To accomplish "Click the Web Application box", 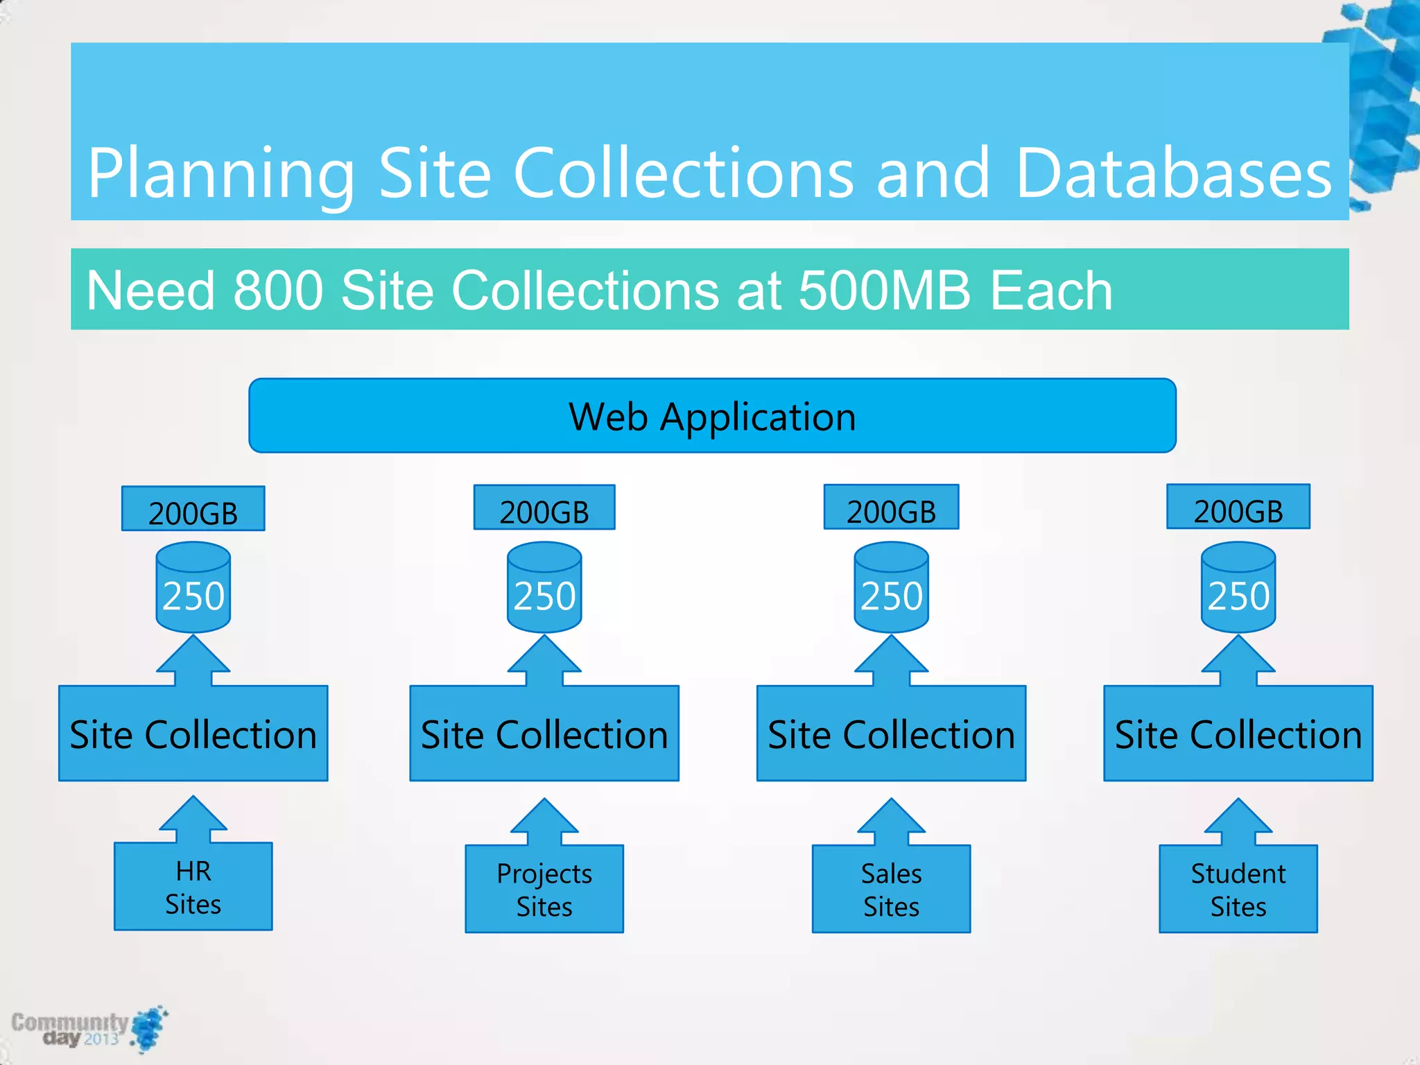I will coord(712,416).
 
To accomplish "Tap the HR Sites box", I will coord(193,887).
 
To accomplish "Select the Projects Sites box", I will coord(544,889).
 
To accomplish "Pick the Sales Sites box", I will coord(891,889).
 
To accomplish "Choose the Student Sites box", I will coord(1238,889).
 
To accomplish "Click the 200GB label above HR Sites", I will coord(193,509).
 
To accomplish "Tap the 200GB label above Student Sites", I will coord(1238,507).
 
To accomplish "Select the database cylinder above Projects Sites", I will coord(544,587).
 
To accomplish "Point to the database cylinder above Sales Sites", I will coord(891,587).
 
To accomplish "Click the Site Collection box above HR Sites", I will coord(193,734).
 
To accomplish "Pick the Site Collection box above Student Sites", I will coord(1238,734).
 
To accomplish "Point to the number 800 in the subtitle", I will coord(278,290).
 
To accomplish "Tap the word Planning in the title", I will coord(221,173).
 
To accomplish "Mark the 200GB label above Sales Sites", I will coord(891,508).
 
